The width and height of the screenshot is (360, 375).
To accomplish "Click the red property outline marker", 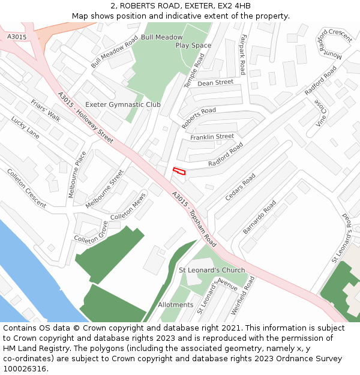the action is (x=179, y=172).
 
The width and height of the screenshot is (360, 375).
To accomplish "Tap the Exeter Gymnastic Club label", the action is (x=122, y=104).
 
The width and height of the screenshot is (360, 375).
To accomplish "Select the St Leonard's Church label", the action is (x=212, y=270).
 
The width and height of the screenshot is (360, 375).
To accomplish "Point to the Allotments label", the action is (x=175, y=305).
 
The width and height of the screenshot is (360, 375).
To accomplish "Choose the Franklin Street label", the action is (x=212, y=137).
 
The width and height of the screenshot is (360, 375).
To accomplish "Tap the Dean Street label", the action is (x=215, y=82).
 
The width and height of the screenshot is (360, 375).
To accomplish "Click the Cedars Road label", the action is (x=240, y=187).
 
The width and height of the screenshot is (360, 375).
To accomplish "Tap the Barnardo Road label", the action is (x=259, y=217).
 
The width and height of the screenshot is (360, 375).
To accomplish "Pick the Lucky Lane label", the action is (x=25, y=128).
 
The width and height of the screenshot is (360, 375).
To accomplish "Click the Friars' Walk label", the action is (x=46, y=110).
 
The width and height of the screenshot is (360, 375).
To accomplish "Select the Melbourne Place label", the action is (x=77, y=174).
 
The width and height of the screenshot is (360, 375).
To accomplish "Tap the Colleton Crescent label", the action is (x=26, y=188).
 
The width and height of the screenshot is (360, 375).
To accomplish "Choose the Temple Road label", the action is (x=194, y=70).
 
